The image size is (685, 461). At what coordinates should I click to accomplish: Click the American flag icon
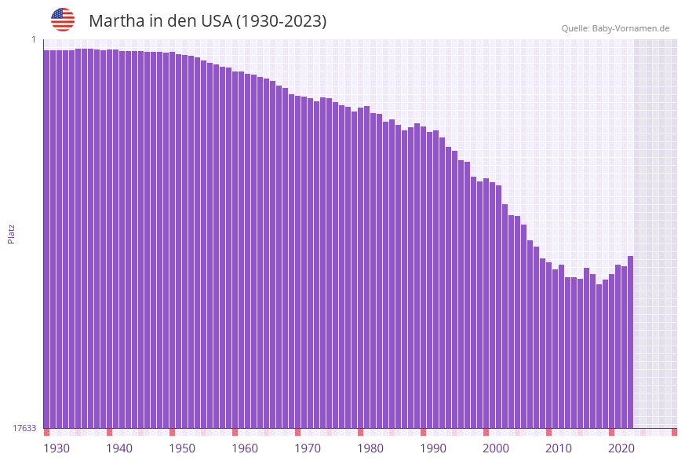(63, 20)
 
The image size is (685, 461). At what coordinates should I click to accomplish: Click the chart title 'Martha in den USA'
(207, 21)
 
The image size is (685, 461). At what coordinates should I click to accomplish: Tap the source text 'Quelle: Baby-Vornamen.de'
(615, 28)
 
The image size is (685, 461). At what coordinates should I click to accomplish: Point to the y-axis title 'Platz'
(11, 233)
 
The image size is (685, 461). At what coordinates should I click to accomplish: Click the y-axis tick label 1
(34, 39)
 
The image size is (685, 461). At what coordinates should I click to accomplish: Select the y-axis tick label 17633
(24, 428)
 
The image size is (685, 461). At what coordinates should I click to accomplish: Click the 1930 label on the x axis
(56, 448)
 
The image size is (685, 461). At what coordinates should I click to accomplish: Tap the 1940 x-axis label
(119, 448)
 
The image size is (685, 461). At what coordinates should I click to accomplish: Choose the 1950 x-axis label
(182, 448)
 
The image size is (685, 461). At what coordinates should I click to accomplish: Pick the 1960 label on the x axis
(245, 448)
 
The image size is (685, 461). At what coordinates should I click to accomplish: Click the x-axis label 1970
(308, 448)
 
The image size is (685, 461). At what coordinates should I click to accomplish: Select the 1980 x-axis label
(370, 448)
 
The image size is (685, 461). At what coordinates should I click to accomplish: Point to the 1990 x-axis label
(433, 448)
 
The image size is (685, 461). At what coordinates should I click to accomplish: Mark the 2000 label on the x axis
(496, 448)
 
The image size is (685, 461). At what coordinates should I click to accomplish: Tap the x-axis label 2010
(559, 448)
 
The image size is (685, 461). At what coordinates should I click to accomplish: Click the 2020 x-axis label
(621, 448)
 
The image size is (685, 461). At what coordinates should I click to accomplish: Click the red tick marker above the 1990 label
(423, 432)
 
